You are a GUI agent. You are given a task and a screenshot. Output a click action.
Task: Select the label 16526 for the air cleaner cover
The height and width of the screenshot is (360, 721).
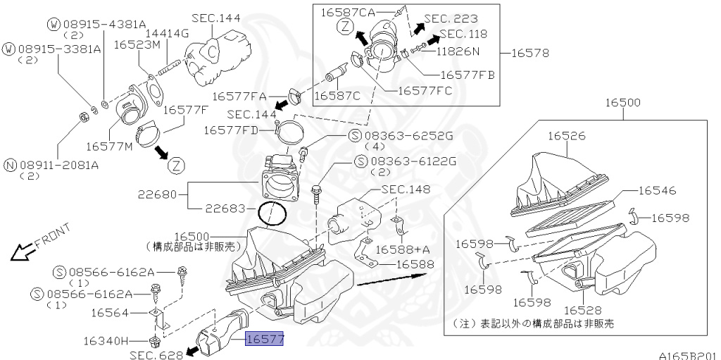point(567,137)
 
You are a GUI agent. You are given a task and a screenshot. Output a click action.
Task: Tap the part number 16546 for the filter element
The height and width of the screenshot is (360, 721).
point(658,190)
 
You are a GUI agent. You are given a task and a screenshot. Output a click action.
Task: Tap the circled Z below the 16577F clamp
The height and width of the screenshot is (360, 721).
point(177,166)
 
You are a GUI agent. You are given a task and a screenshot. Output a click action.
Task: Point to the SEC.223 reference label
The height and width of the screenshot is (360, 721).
point(451,18)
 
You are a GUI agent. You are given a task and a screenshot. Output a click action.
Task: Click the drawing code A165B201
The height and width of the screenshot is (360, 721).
point(688,355)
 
